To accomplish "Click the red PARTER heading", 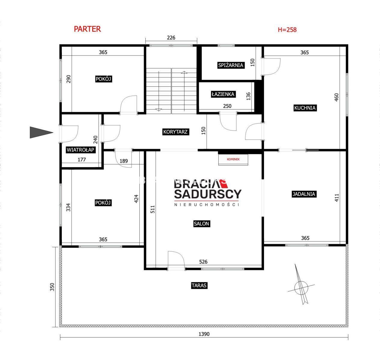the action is click(x=87, y=29).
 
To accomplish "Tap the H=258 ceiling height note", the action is click(x=287, y=30).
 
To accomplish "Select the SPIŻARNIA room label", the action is click(x=231, y=65).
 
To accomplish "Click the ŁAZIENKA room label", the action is click(x=223, y=94).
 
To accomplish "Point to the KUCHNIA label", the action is click(x=305, y=108).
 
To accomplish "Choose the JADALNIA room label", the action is click(x=304, y=194).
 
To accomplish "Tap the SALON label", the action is click(x=201, y=224).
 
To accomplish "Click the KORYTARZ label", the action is click(x=175, y=132).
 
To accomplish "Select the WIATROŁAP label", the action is click(x=81, y=150).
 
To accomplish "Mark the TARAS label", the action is click(x=199, y=286).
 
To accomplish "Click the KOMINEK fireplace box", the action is click(x=233, y=159).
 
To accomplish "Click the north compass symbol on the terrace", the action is click(x=301, y=287).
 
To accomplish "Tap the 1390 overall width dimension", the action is click(x=204, y=334).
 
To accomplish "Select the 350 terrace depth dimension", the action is click(x=52, y=287).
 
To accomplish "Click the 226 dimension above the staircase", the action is click(x=171, y=37).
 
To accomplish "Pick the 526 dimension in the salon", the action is click(x=203, y=262).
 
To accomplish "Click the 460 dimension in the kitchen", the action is click(x=336, y=97).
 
